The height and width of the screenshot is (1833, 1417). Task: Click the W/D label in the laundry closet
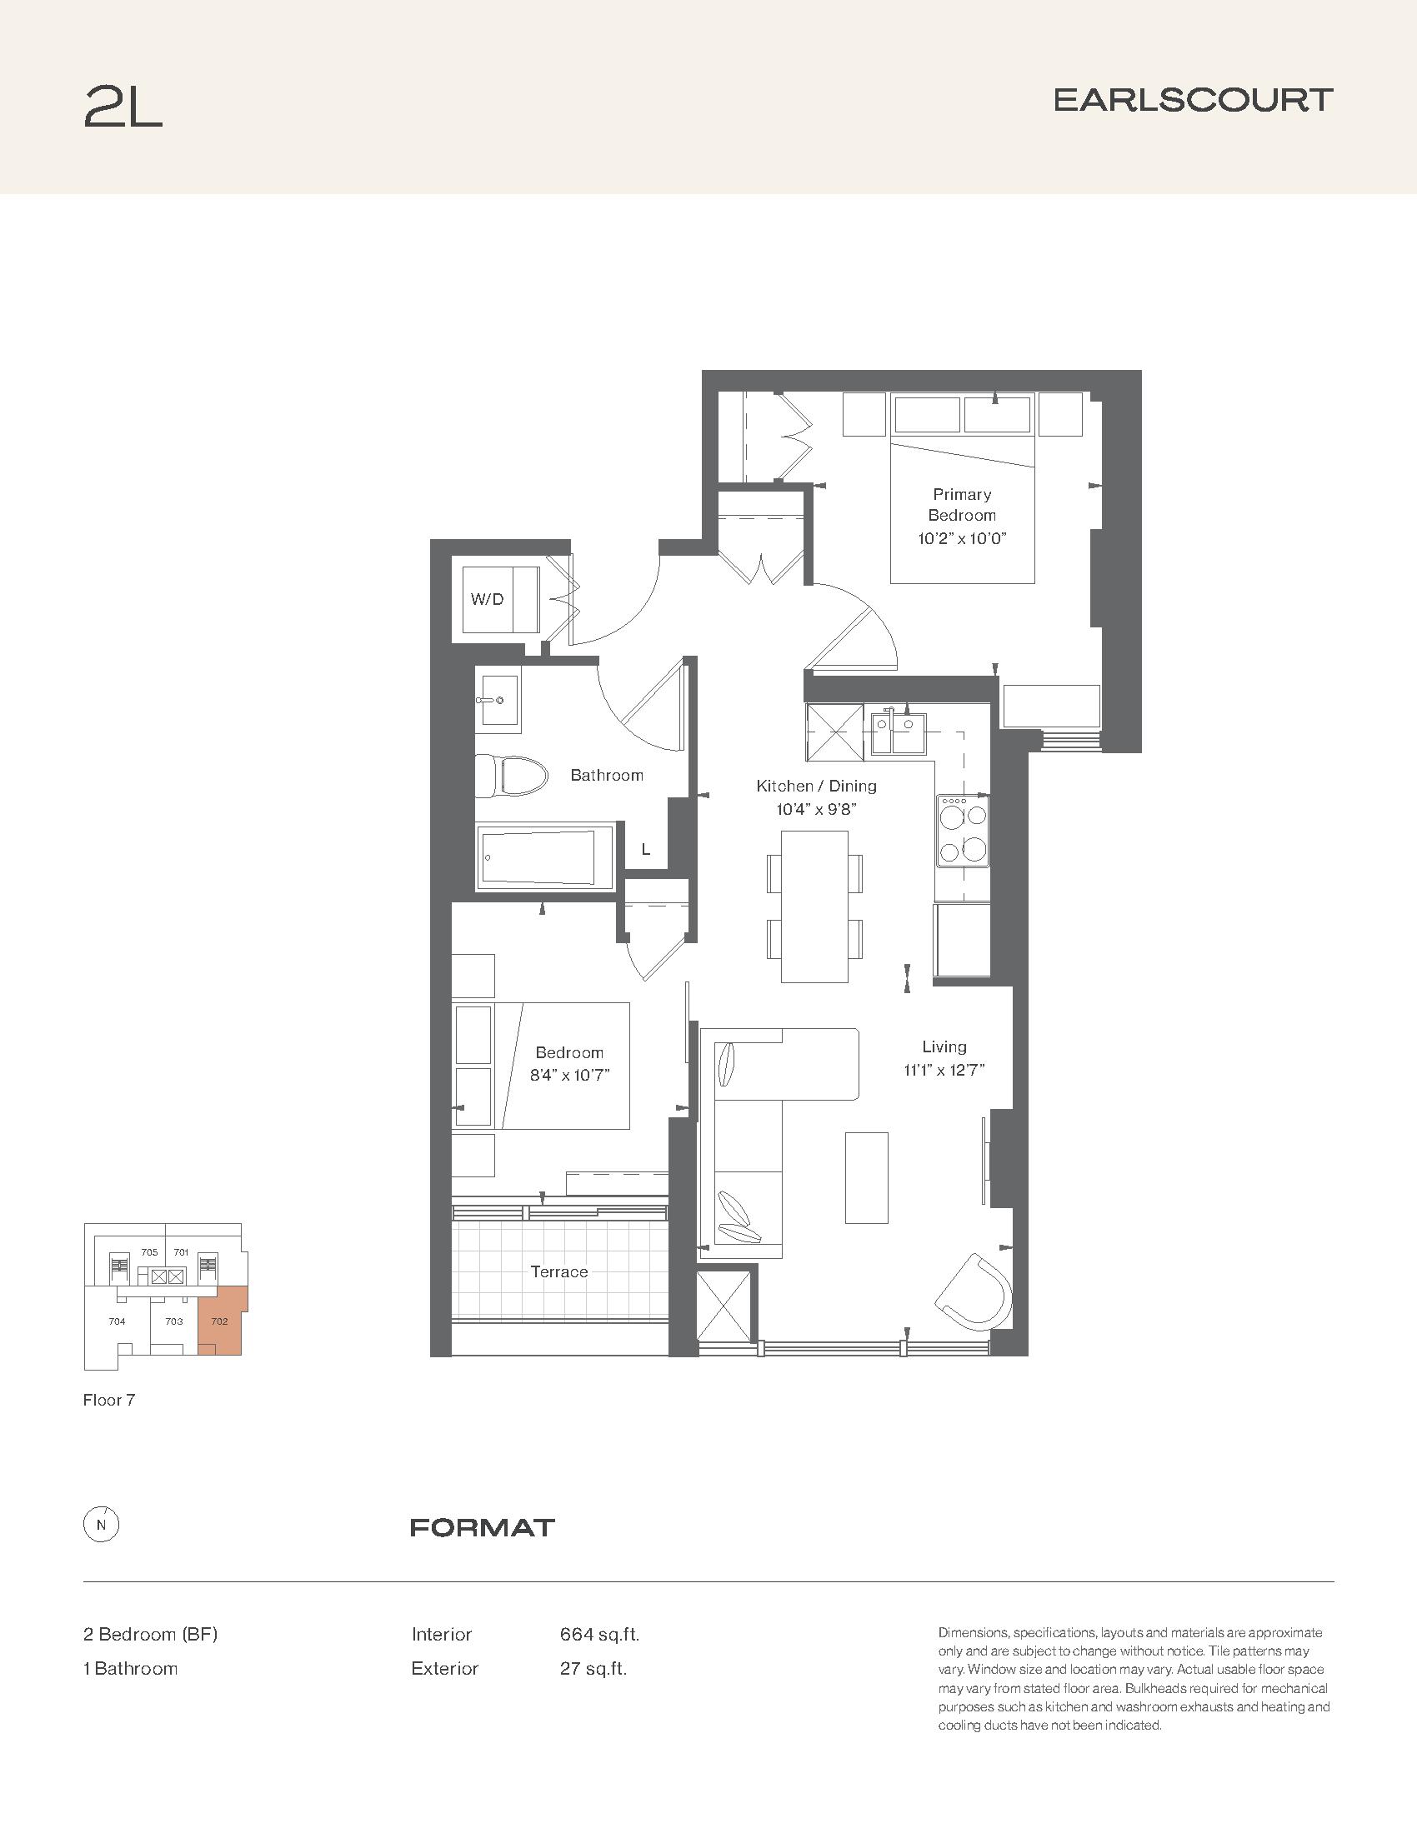487,599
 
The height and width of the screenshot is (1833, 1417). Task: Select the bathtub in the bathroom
546,855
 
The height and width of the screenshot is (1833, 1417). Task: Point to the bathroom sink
497,698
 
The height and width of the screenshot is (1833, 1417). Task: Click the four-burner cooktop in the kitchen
964,829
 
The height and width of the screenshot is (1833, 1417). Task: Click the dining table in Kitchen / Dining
814,906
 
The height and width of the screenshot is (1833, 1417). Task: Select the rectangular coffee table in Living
866,1177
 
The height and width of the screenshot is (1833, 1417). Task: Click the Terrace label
559,1271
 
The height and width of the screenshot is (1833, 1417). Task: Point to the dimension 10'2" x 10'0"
962,538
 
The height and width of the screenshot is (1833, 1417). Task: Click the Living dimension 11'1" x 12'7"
944,1069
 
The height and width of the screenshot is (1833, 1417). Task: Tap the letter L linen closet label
645,849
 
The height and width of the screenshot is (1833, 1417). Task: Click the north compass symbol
102,1525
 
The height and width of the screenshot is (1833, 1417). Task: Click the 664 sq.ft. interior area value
599,1634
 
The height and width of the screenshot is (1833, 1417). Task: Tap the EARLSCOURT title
1194,100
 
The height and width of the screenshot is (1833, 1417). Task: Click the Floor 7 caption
109,1400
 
